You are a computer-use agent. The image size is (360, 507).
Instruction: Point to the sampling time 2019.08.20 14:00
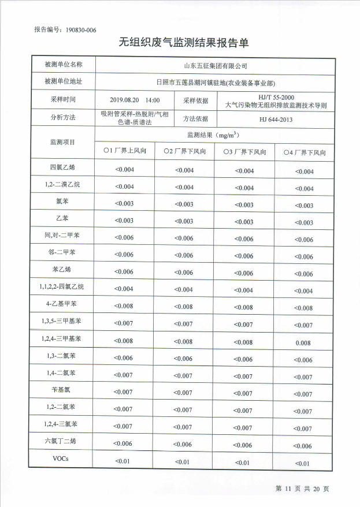click(x=135, y=100)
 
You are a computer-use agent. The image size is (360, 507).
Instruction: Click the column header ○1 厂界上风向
click(x=125, y=151)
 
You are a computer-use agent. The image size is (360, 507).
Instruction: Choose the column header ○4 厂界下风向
click(x=304, y=152)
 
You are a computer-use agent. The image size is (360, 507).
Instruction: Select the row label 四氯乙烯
click(x=63, y=168)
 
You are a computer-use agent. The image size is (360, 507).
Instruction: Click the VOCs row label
click(x=63, y=460)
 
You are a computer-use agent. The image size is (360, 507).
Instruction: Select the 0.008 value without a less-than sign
click(x=303, y=343)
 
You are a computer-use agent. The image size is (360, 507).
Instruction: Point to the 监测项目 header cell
click(x=63, y=141)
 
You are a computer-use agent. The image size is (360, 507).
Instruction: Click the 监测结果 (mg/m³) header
click(x=214, y=135)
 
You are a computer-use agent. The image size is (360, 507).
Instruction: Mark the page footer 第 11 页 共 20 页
click(x=302, y=489)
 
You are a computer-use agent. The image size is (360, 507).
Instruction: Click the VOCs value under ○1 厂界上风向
click(x=124, y=461)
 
